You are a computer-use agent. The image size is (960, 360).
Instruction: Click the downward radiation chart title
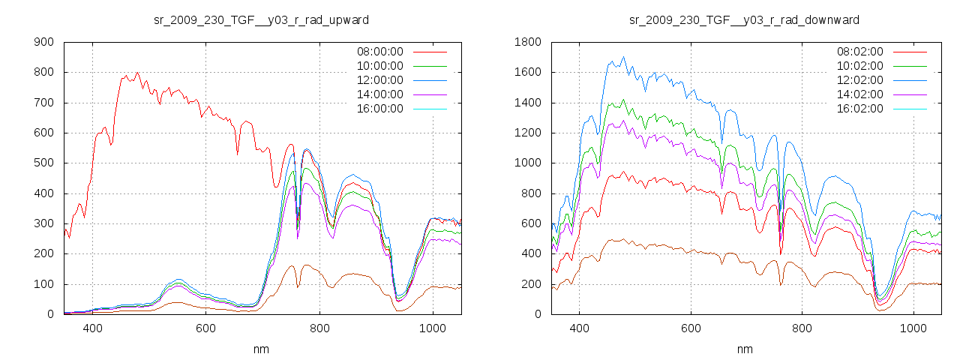[x=744, y=19]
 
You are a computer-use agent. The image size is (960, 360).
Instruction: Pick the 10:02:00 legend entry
[x=859, y=66]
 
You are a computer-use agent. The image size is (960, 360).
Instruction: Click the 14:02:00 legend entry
[x=859, y=94]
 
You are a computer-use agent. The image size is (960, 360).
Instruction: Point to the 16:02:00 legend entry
[x=859, y=109]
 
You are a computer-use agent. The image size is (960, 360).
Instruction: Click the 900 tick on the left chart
[x=43, y=43]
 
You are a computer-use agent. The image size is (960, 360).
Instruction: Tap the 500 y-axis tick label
[x=43, y=163]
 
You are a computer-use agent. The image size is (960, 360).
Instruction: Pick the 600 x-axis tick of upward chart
[x=205, y=328]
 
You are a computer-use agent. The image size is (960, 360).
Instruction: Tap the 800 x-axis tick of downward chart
[x=802, y=328]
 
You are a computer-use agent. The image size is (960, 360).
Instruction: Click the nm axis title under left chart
[x=262, y=349]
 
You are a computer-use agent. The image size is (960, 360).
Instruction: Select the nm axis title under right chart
[x=744, y=349]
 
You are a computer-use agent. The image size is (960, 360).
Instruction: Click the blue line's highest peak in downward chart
[x=622, y=57]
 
